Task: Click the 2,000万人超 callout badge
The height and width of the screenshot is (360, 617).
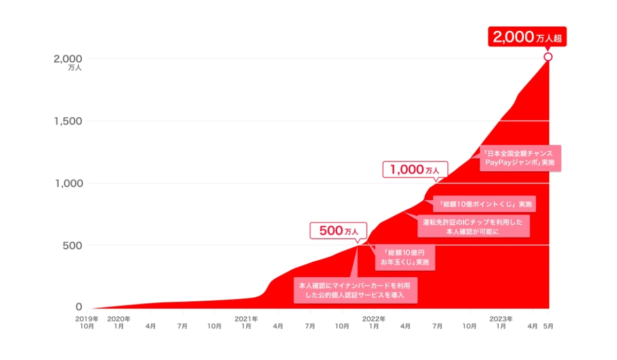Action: point(527,37)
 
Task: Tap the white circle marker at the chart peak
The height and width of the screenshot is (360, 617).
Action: point(548,57)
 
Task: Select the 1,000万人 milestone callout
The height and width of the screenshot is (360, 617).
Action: point(415,170)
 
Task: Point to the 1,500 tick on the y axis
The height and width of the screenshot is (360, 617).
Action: point(68,121)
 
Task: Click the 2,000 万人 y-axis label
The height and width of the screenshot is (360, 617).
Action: point(68,61)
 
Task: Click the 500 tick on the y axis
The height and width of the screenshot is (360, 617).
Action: point(71,245)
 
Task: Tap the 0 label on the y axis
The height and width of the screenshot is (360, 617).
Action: point(79,307)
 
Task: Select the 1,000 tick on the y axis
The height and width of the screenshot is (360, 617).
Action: point(68,183)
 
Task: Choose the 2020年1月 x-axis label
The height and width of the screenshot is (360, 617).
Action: point(119,322)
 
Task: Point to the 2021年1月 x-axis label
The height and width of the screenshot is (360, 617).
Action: point(246,322)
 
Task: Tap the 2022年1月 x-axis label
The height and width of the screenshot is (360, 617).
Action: point(374,322)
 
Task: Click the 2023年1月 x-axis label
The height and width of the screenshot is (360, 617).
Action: point(501,322)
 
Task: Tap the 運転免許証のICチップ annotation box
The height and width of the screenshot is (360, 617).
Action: point(473,227)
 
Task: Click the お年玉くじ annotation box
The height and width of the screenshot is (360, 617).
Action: point(405,258)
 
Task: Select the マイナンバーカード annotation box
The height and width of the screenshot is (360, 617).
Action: point(355,290)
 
